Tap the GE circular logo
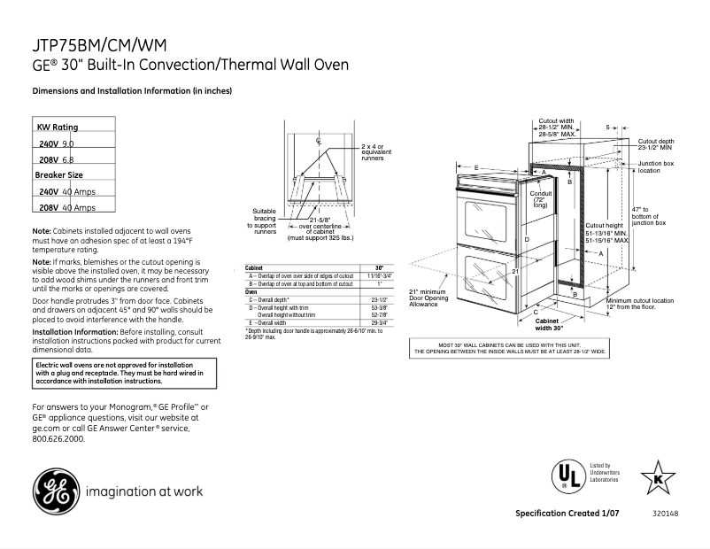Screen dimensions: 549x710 point(55,491)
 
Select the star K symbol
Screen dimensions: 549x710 point(657,478)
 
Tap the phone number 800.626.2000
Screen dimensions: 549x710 point(59,438)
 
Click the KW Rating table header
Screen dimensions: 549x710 point(58,128)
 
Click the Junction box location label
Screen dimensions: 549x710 point(656,167)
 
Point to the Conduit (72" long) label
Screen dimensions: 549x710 point(540,198)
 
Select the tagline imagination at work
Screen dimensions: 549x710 point(144,491)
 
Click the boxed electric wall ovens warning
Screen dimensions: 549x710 point(112,373)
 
